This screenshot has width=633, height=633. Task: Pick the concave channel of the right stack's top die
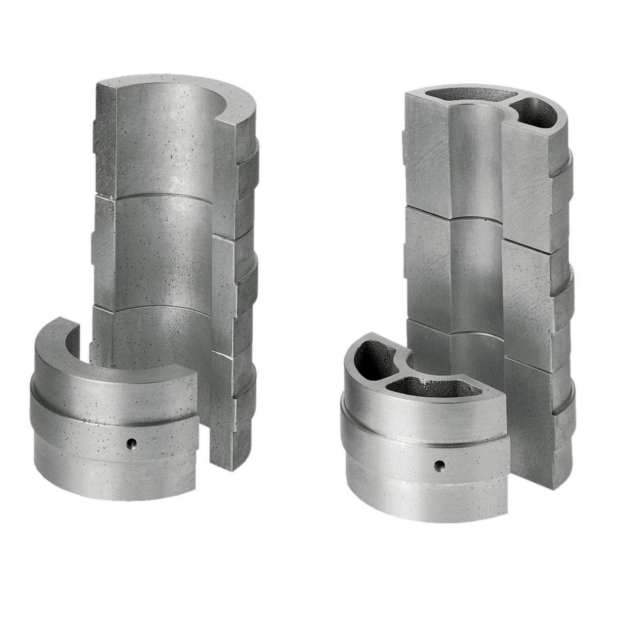point(475,161)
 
